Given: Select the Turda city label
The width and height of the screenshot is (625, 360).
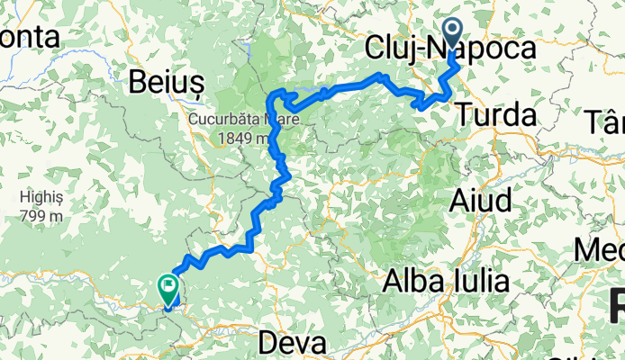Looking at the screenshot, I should point(495,114).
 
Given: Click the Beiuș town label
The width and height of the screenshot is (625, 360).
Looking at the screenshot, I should point(168,80).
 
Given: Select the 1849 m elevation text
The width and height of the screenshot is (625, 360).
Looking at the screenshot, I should point(243,139).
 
